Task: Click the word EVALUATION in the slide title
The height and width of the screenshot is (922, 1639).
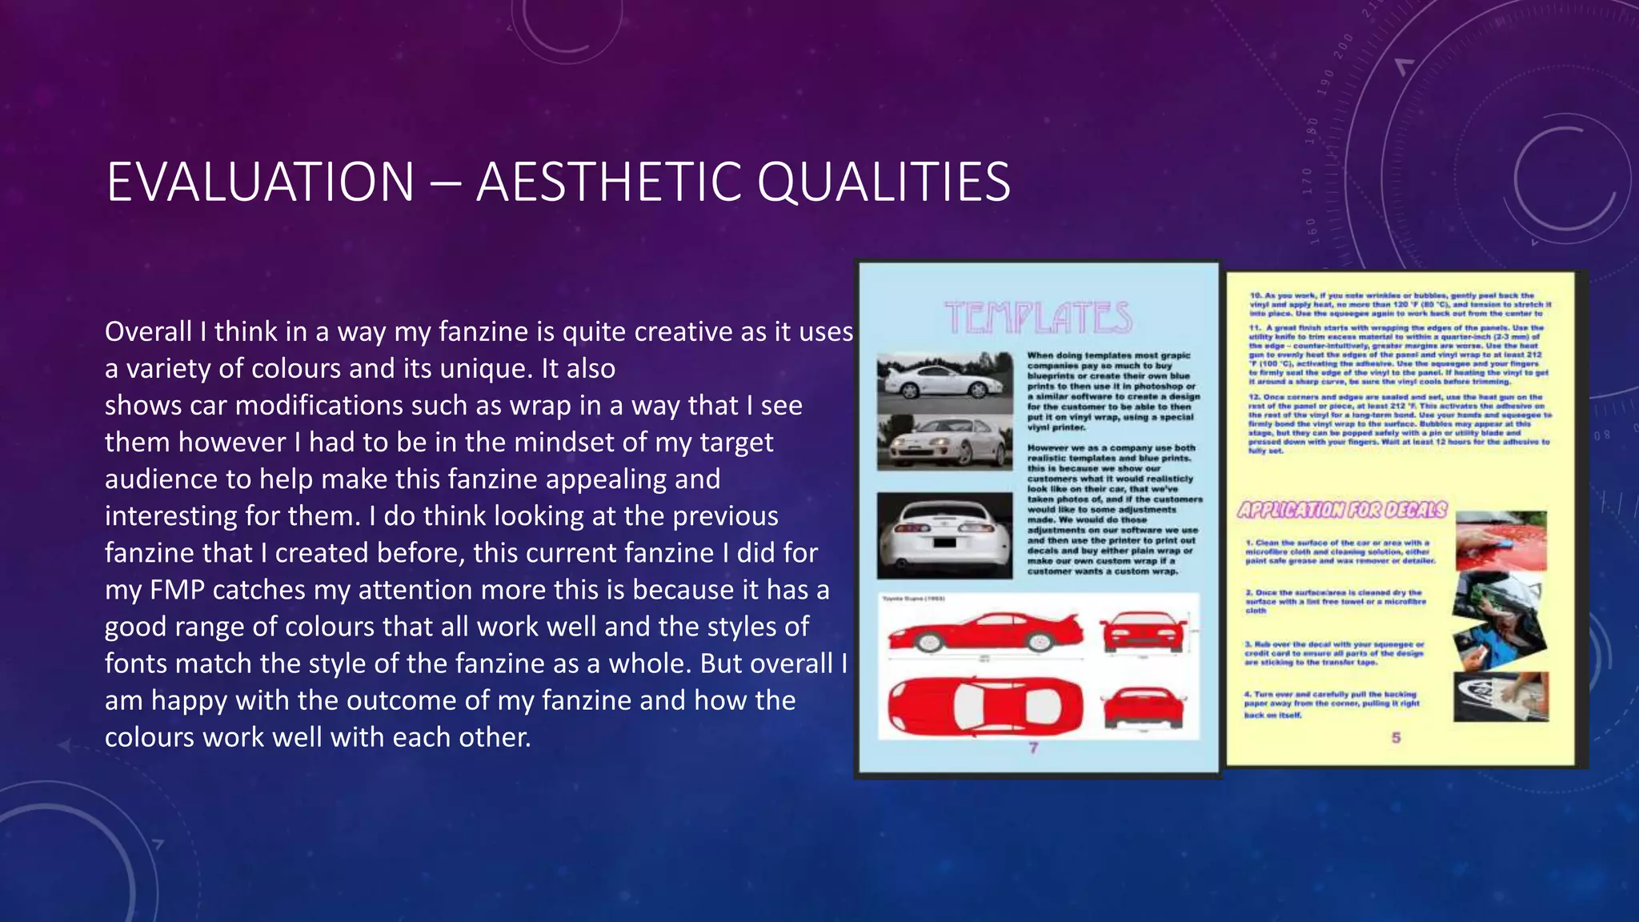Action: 260,182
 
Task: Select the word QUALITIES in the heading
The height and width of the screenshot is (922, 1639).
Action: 884,182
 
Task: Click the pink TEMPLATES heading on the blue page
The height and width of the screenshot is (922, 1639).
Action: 1038,318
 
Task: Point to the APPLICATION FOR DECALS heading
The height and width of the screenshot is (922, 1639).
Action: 1342,510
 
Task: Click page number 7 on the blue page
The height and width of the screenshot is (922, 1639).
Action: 1033,748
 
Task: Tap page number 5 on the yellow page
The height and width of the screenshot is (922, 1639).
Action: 1396,737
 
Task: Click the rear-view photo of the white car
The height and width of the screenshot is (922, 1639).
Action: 944,535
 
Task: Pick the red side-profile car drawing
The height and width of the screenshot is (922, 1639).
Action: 984,632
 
